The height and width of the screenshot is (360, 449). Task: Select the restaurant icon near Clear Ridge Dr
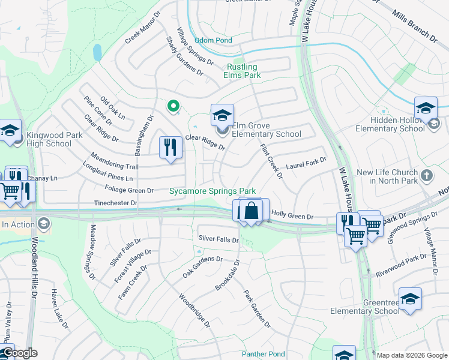click(170, 146)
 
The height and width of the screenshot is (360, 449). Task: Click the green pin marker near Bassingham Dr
click(173, 107)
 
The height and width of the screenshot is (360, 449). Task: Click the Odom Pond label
click(213, 40)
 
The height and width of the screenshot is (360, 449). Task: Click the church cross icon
click(427, 176)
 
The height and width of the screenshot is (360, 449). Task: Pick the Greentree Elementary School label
click(364, 307)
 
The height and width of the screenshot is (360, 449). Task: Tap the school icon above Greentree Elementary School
click(410, 299)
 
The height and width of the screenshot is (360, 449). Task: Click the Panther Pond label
click(263, 354)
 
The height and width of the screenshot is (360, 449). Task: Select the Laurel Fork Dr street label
click(306, 161)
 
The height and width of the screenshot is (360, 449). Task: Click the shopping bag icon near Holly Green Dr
click(252, 211)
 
